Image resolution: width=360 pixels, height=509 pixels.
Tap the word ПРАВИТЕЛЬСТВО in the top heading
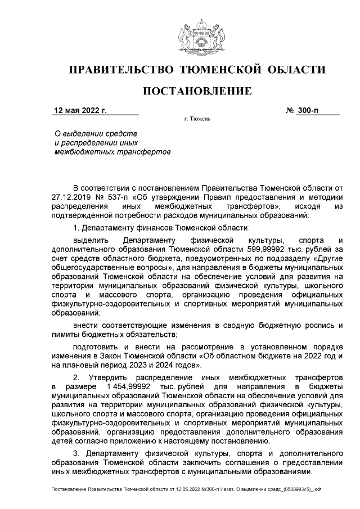(119, 70)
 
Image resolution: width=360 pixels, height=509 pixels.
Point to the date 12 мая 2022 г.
(79, 110)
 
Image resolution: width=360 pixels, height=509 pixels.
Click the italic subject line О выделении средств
(95, 133)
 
